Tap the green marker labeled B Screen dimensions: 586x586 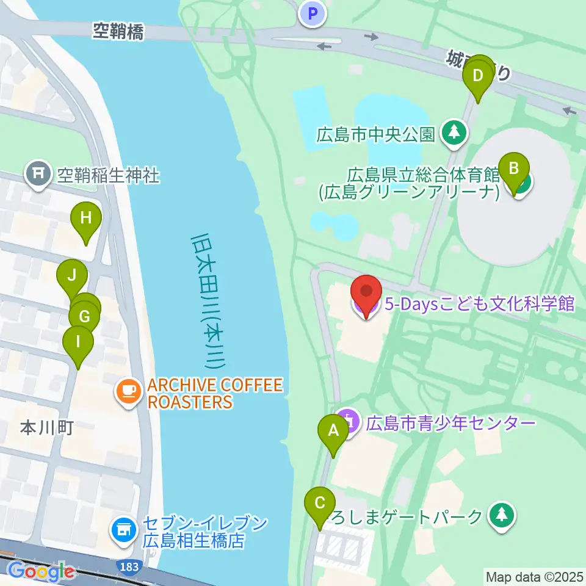514,168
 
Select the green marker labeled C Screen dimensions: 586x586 319,504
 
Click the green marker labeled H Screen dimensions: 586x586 85,218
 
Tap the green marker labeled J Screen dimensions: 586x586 71,275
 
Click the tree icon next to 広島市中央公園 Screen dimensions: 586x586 454,133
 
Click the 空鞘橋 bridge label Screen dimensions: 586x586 118,32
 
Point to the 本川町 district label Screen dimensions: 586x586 47,428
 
